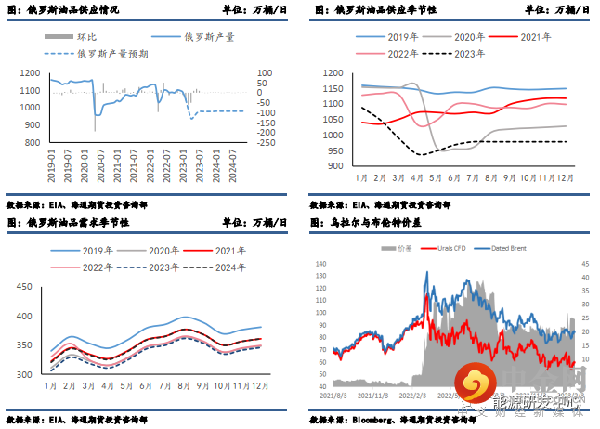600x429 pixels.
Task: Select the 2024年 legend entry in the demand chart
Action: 228,266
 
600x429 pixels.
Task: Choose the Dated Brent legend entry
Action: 509,248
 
